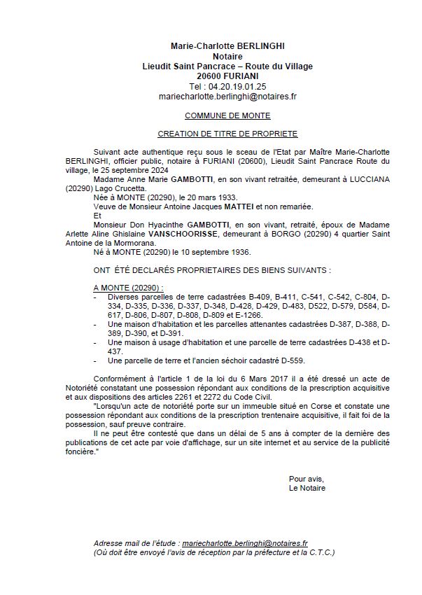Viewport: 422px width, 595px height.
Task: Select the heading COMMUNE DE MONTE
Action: tap(227, 115)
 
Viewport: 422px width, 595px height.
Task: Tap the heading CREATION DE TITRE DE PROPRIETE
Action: tap(227, 133)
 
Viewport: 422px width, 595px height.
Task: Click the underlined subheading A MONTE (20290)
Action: tap(128, 288)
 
